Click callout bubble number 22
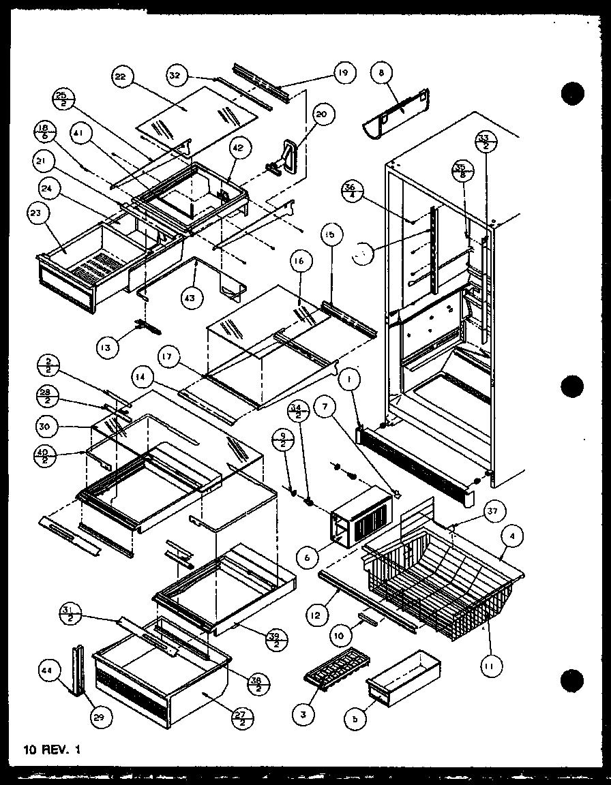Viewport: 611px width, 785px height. pos(120,78)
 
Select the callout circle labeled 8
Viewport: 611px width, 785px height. pos(382,72)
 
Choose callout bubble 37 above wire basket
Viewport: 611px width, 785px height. pos(492,512)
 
